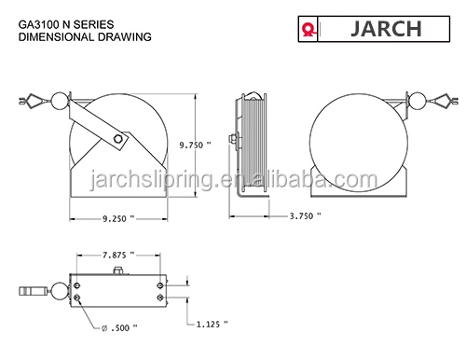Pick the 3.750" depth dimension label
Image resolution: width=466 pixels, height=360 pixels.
click(304, 215)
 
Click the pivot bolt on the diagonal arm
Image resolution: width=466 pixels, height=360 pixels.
click(118, 140)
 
